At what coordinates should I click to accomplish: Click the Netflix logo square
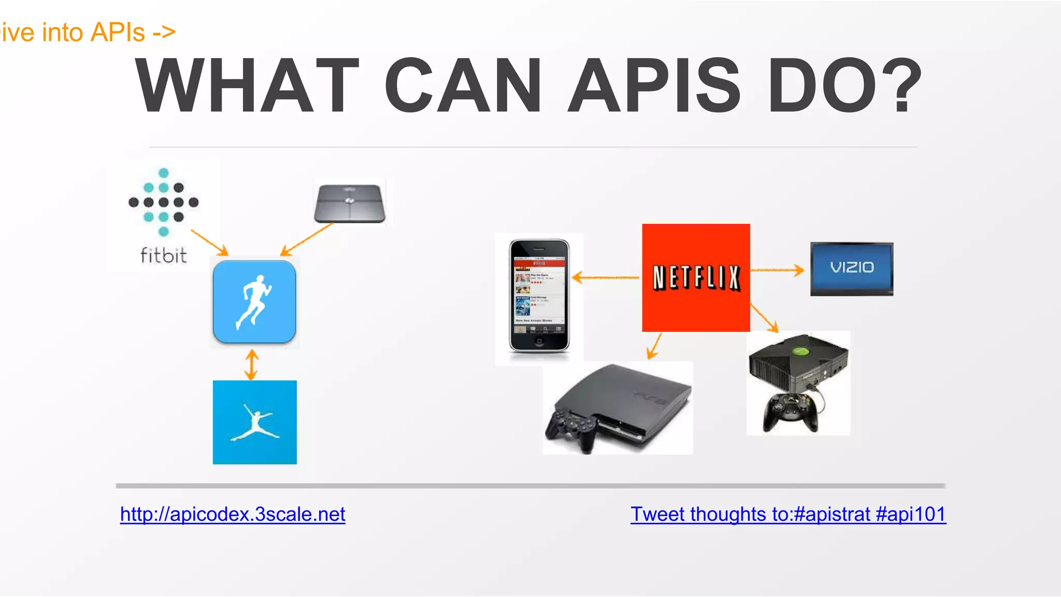point(696,278)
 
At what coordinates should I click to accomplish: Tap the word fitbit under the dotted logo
point(163,255)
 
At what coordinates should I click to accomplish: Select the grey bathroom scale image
point(350,203)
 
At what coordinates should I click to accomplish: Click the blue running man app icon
point(254,302)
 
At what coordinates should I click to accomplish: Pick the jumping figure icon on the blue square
point(254,422)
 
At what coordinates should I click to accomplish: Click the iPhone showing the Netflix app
point(539,295)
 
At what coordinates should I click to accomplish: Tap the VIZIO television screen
point(852,267)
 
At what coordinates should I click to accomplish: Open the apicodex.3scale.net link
point(233,514)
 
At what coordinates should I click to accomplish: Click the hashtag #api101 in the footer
point(911,514)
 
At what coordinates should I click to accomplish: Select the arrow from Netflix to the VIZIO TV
point(777,269)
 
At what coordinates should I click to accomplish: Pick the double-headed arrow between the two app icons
point(252,365)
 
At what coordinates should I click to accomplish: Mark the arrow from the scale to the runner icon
point(307,239)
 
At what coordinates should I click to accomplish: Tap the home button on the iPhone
point(539,341)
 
